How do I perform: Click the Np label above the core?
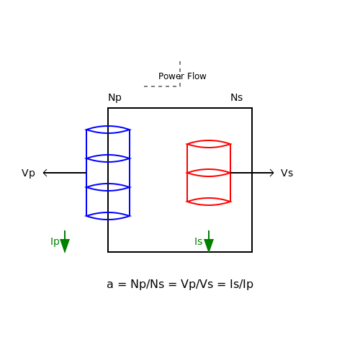coord(114,98)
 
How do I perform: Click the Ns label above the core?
coord(236,97)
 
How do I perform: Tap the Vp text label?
coord(28,173)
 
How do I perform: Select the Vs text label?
coord(287,173)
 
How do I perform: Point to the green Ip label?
coord(55,241)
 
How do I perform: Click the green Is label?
coord(198,241)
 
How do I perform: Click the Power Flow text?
coord(182,76)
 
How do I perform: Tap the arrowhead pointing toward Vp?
coord(45,173)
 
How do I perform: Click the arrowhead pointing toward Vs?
coord(271,173)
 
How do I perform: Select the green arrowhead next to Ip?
coord(65,246)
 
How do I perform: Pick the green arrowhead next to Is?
coord(209,246)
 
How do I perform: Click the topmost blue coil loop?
coord(108,126)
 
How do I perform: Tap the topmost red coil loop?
coord(209,140)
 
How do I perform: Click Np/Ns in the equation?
coord(147,284)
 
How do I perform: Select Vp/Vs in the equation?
coord(197,284)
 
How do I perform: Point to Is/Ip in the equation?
coord(241,284)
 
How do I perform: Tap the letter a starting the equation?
coord(109,285)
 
